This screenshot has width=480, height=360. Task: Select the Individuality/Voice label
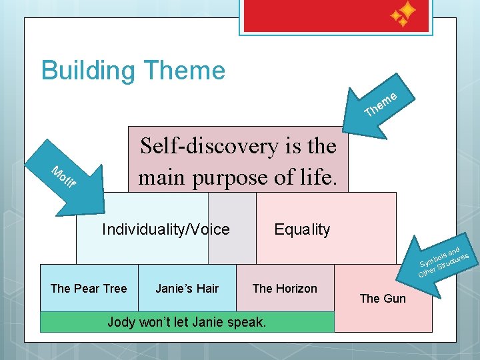[165, 230]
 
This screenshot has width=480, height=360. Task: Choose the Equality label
[302, 230]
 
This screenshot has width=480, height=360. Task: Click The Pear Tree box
[89, 288]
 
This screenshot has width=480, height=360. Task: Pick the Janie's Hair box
[187, 288]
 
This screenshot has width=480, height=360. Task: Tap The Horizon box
[285, 288]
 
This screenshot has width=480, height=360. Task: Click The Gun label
[382, 298]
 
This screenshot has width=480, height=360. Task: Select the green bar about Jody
[187, 323]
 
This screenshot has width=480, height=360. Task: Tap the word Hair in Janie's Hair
[207, 288]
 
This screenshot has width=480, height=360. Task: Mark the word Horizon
[295, 288]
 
